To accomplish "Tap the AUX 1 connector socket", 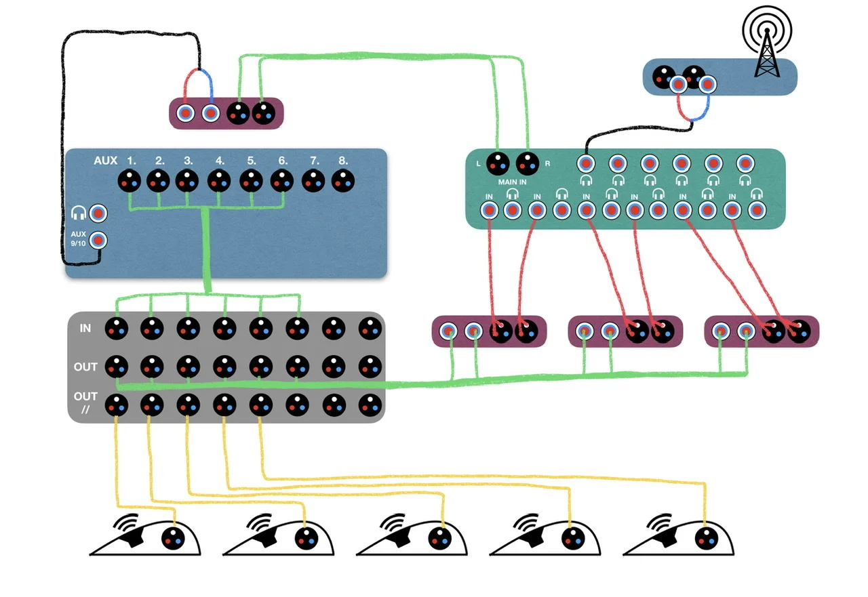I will (x=130, y=182).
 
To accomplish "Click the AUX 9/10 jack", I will (x=98, y=240).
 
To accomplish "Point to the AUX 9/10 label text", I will (x=79, y=239).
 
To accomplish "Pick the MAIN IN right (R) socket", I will (x=527, y=163).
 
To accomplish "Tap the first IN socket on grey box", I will (x=116, y=329).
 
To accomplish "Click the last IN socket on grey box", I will (x=370, y=329).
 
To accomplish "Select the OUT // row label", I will (x=85, y=402).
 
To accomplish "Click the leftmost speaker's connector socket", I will (x=173, y=539).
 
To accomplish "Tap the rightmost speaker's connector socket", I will (x=707, y=539).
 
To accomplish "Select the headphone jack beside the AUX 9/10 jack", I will (x=98, y=213).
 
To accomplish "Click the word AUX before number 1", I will (x=105, y=161).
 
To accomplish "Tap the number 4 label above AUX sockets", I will (x=220, y=161).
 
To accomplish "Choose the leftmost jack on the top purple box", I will (x=185, y=112).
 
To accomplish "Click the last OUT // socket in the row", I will (x=370, y=405).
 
